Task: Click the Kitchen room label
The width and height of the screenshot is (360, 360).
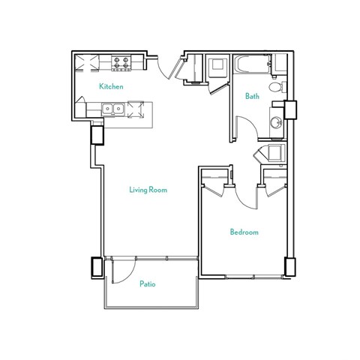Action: (x=111, y=86)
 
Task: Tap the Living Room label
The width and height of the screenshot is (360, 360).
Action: (x=148, y=190)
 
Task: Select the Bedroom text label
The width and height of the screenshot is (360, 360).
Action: (x=244, y=232)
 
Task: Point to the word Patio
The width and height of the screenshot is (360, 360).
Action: (x=148, y=284)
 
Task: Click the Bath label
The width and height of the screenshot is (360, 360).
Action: (x=253, y=96)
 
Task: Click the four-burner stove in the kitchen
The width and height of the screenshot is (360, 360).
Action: (x=123, y=62)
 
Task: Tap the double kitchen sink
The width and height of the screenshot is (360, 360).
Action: (x=113, y=109)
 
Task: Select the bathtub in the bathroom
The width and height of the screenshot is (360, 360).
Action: (x=251, y=65)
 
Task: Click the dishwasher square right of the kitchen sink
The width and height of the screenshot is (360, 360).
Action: (x=136, y=110)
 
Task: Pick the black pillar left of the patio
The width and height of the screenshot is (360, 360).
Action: (x=96, y=267)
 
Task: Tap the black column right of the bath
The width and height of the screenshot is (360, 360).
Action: (x=292, y=109)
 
